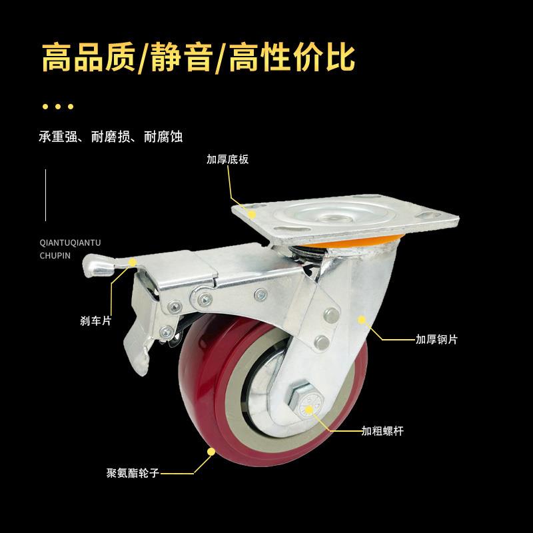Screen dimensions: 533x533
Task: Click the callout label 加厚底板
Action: (229, 160)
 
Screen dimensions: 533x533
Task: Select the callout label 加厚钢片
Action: (436, 339)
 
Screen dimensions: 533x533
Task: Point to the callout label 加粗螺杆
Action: (383, 430)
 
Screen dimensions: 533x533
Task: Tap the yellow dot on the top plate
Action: (253, 213)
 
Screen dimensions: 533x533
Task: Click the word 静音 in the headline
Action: (183, 58)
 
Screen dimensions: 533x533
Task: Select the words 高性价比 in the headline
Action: (293, 58)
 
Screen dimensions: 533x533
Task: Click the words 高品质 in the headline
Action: (87, 58)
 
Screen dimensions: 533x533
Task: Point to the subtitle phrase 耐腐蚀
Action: (163, 137)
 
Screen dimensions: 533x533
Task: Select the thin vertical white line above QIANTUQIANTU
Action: (45, 195)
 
